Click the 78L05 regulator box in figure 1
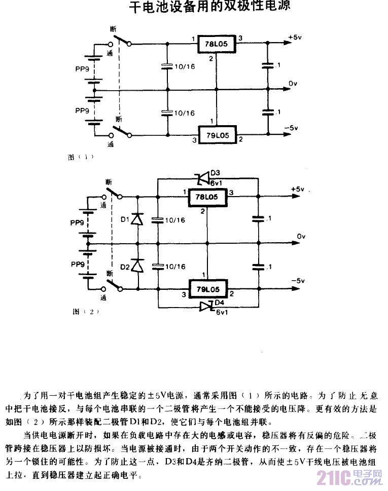click(x=217, y=45)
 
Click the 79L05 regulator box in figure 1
click(x=217, y=135)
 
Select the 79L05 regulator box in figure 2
click(x=206, y=289)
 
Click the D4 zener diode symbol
click(x=205, y=306)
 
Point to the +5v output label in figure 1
click(x=295, y=37)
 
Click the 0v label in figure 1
click(x=293, y=83)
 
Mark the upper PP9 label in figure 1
click(x=82, y=70)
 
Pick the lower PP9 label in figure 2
click(x=78, y=265)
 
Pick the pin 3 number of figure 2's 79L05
click(x=184, y=293)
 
